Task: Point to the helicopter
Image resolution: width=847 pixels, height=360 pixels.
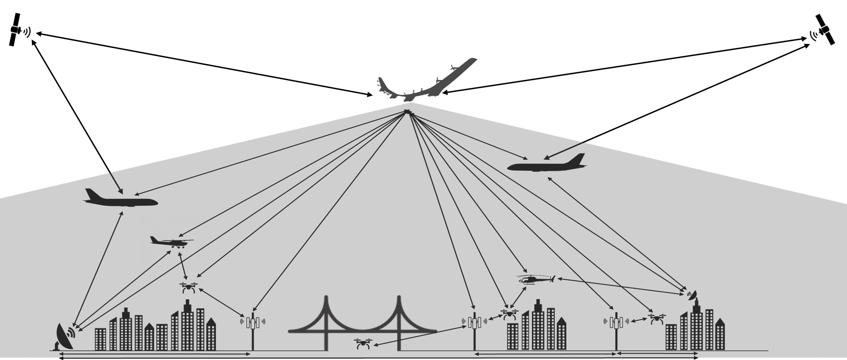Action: click(x=535, y=279)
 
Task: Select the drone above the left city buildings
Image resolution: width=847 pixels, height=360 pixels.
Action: click(x=188, y=288)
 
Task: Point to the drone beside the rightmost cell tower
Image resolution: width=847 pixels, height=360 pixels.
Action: click(x=656, y=318)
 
